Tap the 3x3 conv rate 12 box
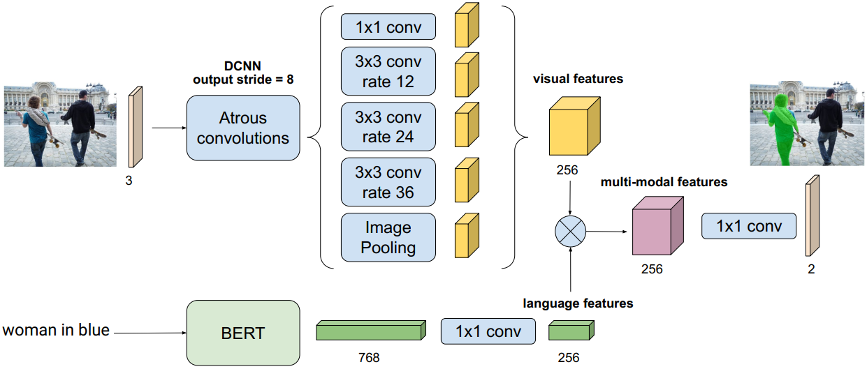tap(388, 71)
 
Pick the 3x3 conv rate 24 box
tap(388, 127)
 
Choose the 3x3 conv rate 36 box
tap(388, 182)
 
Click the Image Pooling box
tap(388, 238)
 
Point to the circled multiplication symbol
tap(571, 232)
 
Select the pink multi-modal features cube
tap(657, 226)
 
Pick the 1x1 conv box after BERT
tap(488, 331)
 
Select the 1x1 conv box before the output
tap(749, 226)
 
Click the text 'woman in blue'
tap(56, 330)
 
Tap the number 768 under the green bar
tap(368, 358)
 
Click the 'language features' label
tap(578, 303)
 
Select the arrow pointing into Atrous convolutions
tap(168, 128)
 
